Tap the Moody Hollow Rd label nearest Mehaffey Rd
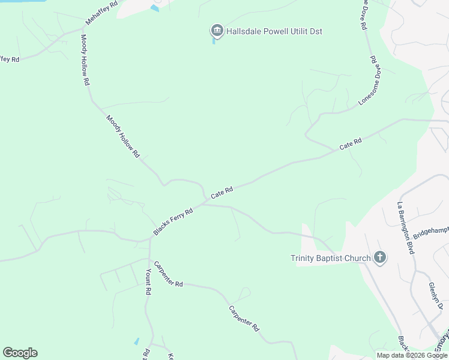85,59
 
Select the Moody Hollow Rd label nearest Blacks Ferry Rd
123,136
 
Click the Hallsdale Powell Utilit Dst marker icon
216,31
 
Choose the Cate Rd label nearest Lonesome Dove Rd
351,144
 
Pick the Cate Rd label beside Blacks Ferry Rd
221,193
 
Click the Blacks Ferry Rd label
173,221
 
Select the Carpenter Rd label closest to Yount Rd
168,274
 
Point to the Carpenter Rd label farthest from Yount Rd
244,319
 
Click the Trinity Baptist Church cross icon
379,257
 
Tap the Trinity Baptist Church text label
331,259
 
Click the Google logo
20,353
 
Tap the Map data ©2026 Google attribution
412,355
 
